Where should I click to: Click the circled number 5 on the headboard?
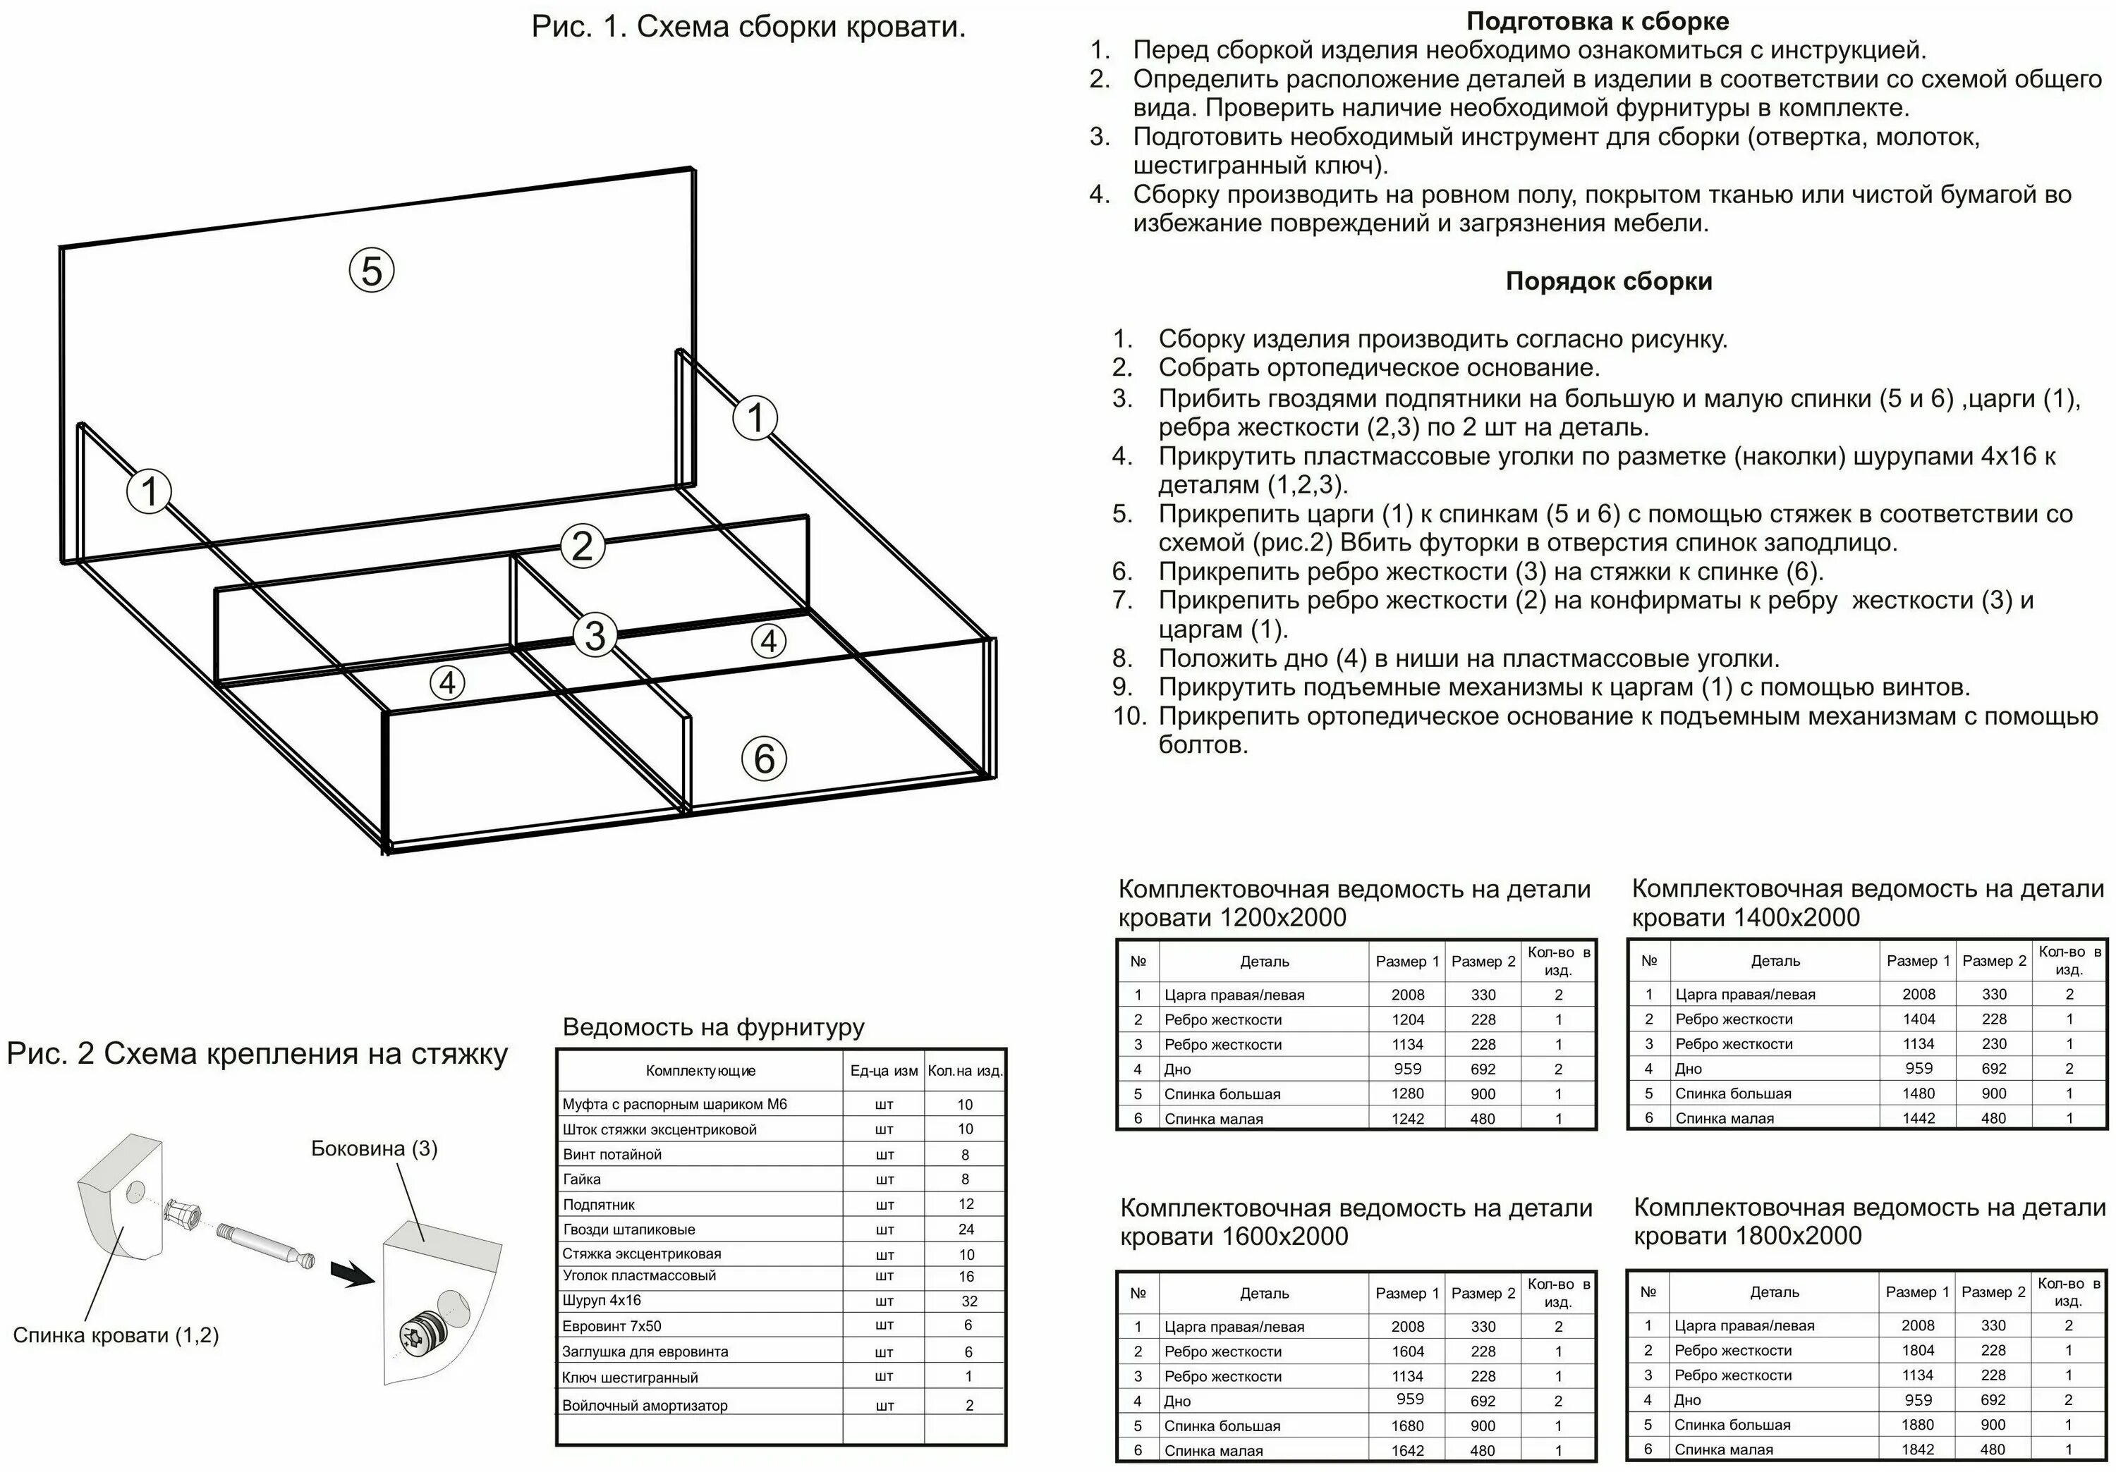tap(372, 271)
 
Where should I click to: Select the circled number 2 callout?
tap(583, 546)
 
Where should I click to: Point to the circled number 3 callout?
tap(595, 636)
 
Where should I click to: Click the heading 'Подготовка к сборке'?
tap(1597, 21)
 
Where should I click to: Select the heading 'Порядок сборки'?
tap(1608, 281)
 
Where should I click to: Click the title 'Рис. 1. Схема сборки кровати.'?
tap(748, 27)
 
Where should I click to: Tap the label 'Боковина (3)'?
tap(374, 1148)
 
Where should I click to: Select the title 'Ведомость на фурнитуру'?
tap(713, 1027)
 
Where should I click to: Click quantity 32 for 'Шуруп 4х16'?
tap(968, 1301)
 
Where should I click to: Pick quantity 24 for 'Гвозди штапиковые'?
tap(966, 1229)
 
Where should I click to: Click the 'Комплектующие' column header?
tap(700, 1070)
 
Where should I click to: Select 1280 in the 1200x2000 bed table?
tap(1407, 1093)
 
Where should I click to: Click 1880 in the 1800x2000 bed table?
tap(1918, 1424)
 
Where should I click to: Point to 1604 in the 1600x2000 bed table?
tap(1407, 1351)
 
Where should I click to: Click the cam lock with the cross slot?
tap(412, 1335)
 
